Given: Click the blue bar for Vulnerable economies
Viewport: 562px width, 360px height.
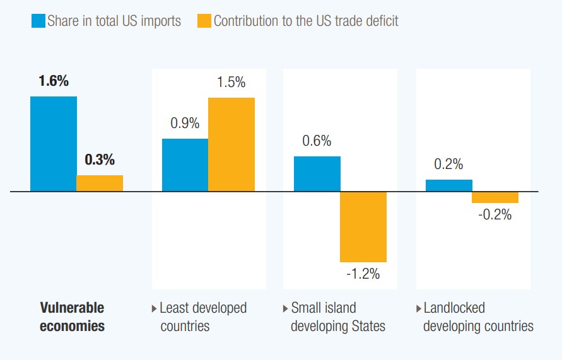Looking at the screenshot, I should coord(54,143).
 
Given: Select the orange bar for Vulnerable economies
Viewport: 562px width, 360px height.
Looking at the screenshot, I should coord(100,183).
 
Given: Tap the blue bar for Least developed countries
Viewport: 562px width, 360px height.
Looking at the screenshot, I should coord(185,165).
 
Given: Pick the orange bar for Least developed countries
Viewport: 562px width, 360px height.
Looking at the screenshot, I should coord(231,144).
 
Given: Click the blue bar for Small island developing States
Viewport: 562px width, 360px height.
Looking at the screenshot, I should coord(317,173).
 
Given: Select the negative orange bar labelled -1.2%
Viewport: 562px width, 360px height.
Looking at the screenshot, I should coord(363,226).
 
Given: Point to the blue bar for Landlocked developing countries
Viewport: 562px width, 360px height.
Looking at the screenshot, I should coord(449,185).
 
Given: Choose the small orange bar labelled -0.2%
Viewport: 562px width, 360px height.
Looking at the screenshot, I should coord(495,197).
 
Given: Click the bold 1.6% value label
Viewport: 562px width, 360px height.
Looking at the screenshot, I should coord(54,81).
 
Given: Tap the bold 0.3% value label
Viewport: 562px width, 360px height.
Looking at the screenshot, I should coord(100,160).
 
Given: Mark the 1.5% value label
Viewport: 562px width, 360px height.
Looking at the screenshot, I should coord(231,83).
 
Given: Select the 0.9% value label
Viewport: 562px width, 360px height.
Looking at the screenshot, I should coord(185,124).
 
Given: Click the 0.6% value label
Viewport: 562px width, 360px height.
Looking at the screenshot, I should coord(317,141).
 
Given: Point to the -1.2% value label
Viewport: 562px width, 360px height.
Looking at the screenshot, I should coord(363,275).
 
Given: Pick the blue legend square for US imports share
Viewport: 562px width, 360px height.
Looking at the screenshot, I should coord(38,21).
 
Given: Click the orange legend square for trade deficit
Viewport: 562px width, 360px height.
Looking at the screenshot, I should coord(204,21).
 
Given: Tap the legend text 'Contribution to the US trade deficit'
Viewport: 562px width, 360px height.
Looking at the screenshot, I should coord(306,21).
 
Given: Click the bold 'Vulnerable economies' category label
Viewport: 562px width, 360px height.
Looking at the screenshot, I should coord(72,317).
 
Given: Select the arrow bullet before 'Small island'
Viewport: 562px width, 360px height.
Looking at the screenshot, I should coord(286,309).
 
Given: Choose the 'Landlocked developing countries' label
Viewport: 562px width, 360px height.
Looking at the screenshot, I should coord(478,317).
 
